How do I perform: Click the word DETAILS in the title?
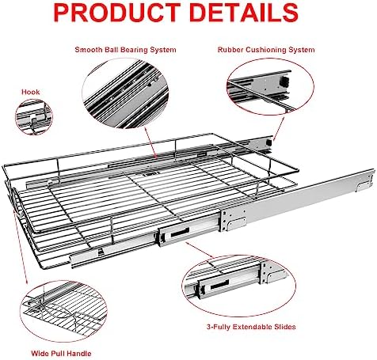[x=244, y=13]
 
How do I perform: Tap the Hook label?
[x=31, y=92]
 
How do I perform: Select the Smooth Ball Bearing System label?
[x=125, y=50]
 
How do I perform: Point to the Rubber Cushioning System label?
[x=266, y=50]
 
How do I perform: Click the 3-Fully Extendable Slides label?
[x=251, y=327]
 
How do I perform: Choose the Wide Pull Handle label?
[x=61, y=354]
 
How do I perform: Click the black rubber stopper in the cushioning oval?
[x=284, y=81]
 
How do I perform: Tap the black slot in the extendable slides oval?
[x=219, y=285]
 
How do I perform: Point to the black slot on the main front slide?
[x=180, y=232]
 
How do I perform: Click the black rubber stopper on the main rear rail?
[x=268, y=142]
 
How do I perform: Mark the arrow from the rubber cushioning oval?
[x=279, y=129]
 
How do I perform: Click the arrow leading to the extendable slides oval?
[x=200, y=250]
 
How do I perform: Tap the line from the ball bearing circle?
[x=150, y=142]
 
